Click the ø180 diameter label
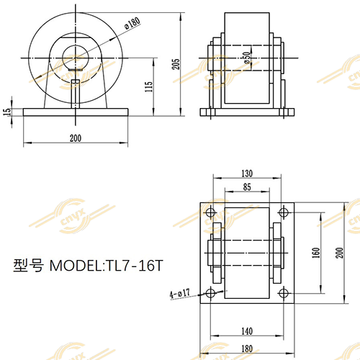pyautogui.click(x=131, y=23)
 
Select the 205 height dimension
pyautogui.click(x=176, y=64)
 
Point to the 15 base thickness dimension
pyautogui.click(x=8, y=112)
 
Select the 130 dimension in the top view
pyautogui.click(x=247, y=174)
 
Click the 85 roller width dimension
pyautogui.click(x=247, y=187)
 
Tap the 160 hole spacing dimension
pyautogui.click(x=315, y=253)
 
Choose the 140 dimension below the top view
pyautogui.click(x=247, y=330)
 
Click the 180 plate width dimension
pyautogui.click(x=247, y=348)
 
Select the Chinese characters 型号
pyautogui.click(x=29, y=266)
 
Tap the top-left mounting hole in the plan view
pyautogui.click(x=210, y=213)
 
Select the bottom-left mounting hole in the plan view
pyautogui.click(x=210, y=293)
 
